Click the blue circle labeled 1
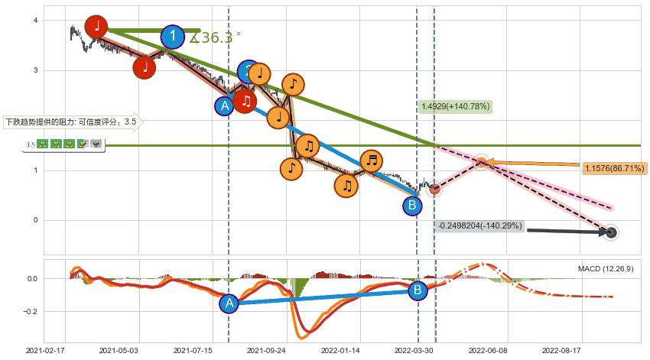[x=173, y=37]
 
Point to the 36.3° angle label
[x=216, y=37]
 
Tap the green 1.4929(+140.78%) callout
[x=455, y=106]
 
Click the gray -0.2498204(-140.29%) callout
[x=479, y=226]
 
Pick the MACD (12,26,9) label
[x=605, y=269]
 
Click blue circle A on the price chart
[x=225, y=106]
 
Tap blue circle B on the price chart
[x=412, y=205]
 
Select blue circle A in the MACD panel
[x=229, y=303]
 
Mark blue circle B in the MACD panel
[x=418, y=290]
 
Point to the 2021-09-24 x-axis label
[x=271, y=350]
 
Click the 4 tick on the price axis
[x=35, y=21]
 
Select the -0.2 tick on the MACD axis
[x=31, y=312]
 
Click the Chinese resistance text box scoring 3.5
[x=71, y=122]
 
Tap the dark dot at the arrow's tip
[x=610, y=233]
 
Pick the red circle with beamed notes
[x=245, y=101]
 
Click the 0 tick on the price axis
[x=35, y=220]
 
